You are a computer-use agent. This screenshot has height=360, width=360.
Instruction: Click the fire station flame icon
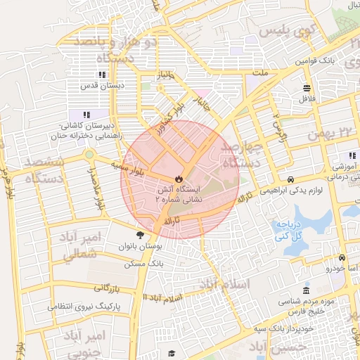pyautogui.click(x=178, y=179)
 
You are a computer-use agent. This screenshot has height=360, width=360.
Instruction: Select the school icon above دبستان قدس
pyautogui.click(x=102, y=74)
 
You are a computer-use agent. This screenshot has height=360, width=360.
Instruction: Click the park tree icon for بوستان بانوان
pyautogui.click(x=141, y=236)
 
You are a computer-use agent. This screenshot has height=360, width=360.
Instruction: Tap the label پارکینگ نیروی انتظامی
pyautogui.click(x=84, y=307)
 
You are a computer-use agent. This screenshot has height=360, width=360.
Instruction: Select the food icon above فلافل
pyautogui.click(x=307, y=88)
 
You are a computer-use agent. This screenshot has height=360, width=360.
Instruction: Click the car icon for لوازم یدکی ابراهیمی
pyautogui.click(x=291, y=179)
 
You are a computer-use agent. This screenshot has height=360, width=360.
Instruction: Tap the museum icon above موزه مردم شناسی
pyautogui.click(x=305, y=290)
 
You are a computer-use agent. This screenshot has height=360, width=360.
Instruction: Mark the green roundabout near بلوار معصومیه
pyautogui.click(x=89, y=154)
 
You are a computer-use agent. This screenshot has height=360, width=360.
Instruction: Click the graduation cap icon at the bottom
pyautogui.click(x=171, y=354)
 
